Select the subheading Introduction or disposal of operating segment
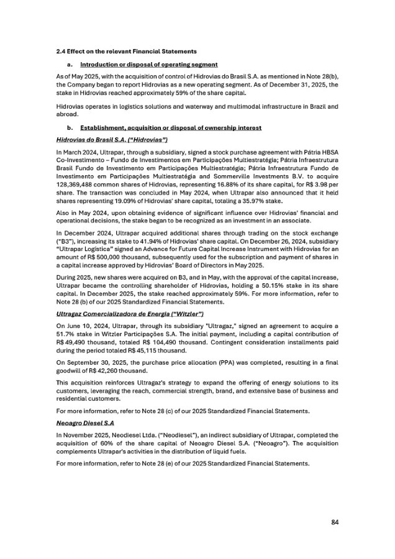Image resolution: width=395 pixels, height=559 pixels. (x=149, y=65)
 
